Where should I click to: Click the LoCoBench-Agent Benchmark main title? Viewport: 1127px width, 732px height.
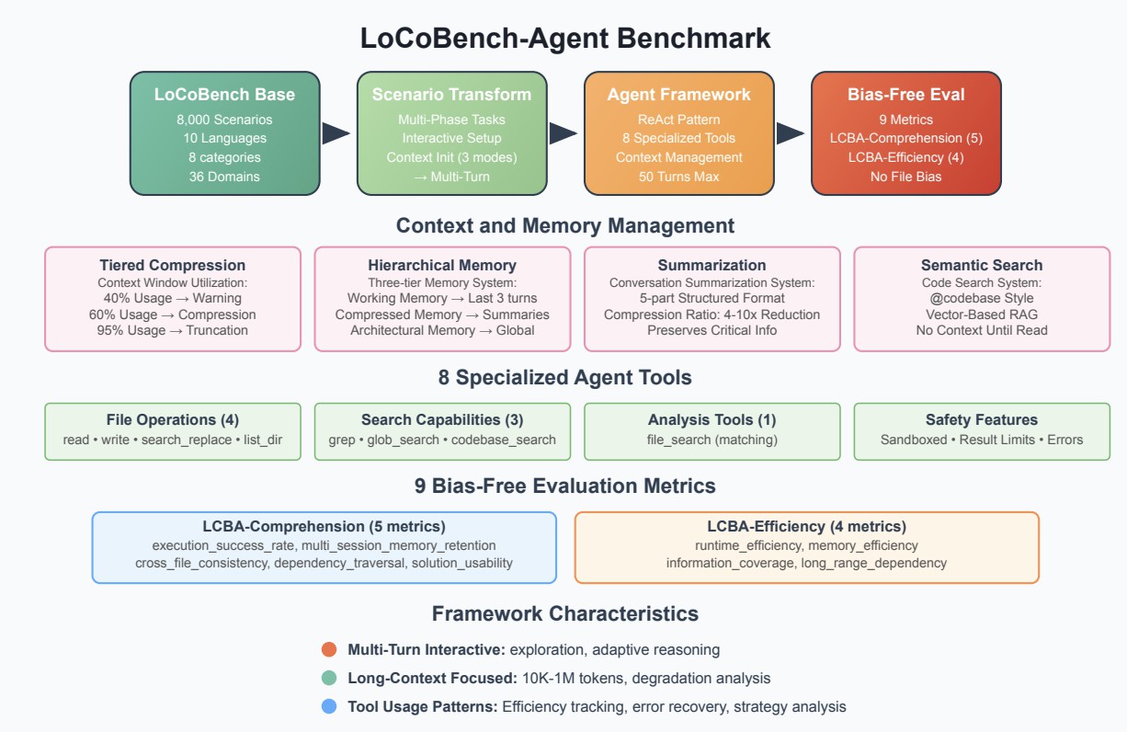pos(564,39)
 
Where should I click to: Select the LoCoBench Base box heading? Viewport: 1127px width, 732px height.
pos(224,94)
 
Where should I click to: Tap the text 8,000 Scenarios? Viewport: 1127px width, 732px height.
pos(224,120)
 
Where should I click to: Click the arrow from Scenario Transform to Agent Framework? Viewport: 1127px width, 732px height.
pos(563,133)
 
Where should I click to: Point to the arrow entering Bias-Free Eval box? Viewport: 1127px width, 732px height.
pos(790,133)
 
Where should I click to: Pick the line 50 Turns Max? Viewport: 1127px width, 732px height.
pos(678,177)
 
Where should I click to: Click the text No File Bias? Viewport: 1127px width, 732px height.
pos(905,177)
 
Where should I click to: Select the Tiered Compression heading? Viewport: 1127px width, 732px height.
pos(173,265)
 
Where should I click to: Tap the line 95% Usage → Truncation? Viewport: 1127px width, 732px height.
pos(173,330)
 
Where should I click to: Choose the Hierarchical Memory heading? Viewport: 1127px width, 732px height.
pos(442,265)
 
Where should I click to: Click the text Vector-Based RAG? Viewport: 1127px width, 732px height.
pos(982,314)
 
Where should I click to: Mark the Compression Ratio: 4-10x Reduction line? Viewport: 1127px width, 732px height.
pos(711,315)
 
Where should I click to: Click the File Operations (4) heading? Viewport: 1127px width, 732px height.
pos(173,419)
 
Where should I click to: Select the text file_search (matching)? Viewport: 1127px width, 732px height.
pos(711,440)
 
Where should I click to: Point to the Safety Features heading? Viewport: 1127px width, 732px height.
pos(982,419)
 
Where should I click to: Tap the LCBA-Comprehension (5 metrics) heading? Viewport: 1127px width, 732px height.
pos(324,527)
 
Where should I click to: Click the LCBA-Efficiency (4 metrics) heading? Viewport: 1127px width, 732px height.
pos(806,527)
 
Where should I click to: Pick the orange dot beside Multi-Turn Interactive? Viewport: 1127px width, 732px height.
pos(329,649)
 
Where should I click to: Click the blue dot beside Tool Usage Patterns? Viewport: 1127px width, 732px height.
pos(329,706)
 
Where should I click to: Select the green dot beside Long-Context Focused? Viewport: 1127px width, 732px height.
pos(329,678)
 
